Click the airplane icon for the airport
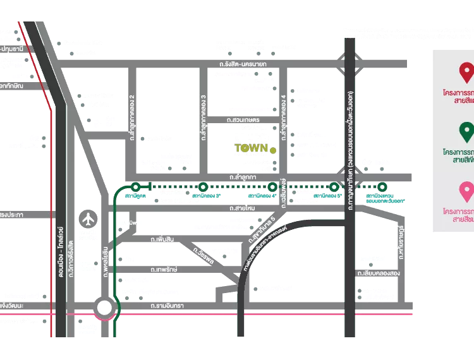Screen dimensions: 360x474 [88, 219]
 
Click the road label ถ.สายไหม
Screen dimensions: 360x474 [242, 207]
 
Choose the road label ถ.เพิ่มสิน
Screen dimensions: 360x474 [163, 239]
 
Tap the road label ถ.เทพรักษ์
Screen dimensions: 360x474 [164, 269]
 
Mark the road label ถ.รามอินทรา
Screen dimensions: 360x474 [167, 306]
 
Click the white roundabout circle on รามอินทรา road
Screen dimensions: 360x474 [105, 308]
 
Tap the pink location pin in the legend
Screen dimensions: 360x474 [466, 190]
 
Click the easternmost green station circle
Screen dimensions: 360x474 [382, 186]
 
